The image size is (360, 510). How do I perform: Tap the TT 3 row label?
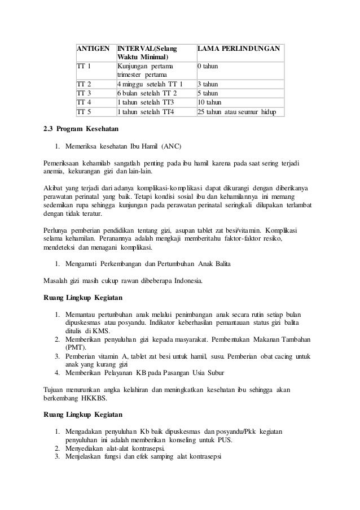[84, 93]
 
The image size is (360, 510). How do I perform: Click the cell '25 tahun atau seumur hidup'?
[236, 111]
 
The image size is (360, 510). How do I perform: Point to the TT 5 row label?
[84, 111]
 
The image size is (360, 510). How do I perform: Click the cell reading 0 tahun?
[207, 67]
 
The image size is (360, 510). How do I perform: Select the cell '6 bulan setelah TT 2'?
[147, 93]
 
